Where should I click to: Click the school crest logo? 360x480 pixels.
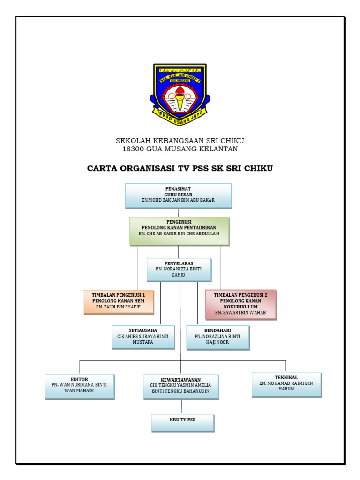180,94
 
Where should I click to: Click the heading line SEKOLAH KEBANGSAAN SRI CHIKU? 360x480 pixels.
180,141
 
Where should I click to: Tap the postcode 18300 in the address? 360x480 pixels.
132,149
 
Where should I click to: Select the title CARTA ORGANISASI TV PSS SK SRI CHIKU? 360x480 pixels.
180,168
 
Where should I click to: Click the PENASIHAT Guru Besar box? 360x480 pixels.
179,195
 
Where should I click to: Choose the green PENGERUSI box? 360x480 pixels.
180,231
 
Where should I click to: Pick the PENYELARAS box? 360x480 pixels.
179,270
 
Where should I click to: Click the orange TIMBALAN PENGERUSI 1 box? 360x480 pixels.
119,301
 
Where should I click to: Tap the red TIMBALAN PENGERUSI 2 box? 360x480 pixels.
240,304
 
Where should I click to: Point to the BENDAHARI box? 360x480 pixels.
217,337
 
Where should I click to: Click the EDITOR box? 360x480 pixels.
79,386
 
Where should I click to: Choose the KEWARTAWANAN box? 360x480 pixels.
181,386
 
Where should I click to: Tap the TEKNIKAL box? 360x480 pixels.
286,384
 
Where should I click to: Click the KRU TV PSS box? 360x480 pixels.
182,422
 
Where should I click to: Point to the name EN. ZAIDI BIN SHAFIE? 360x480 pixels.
119,307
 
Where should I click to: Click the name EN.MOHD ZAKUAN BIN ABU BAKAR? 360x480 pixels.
179,200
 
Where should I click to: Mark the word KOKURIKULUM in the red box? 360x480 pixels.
240,307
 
